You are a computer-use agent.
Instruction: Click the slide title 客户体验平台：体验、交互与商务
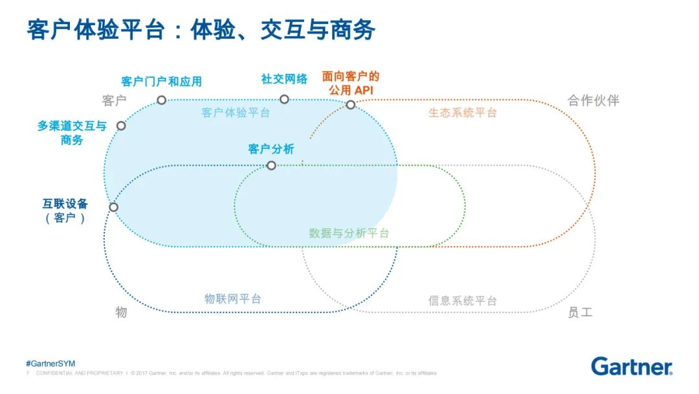pos(201,30)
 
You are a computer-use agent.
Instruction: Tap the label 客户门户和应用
pos(162,81)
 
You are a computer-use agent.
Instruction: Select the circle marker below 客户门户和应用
pos(162,100)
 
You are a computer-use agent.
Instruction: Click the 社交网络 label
pos(284,78)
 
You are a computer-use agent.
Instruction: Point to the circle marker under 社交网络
pos(284,99)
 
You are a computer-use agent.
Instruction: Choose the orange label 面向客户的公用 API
pos(351,84)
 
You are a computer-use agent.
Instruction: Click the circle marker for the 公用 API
pos(350,104)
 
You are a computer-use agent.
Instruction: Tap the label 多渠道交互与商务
pos(72,133)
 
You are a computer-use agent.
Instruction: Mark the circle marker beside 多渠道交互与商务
pos(121,126)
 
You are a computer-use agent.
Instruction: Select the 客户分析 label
pos(271,149)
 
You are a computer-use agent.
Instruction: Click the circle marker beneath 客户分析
pos(271,166)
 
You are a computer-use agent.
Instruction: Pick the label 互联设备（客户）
pos(65,211)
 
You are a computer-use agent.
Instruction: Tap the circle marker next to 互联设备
pos(113,207)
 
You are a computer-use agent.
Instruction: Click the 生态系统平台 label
pos(462,112)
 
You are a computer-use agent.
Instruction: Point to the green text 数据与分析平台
pos(349,233)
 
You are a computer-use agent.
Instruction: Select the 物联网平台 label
pos(233,299)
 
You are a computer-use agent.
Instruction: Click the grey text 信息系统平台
pos(462,300)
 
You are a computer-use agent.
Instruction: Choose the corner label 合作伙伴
pos(594,101)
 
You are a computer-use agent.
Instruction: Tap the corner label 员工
pos(580,312)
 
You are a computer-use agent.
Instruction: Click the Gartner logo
pos(631,366)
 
